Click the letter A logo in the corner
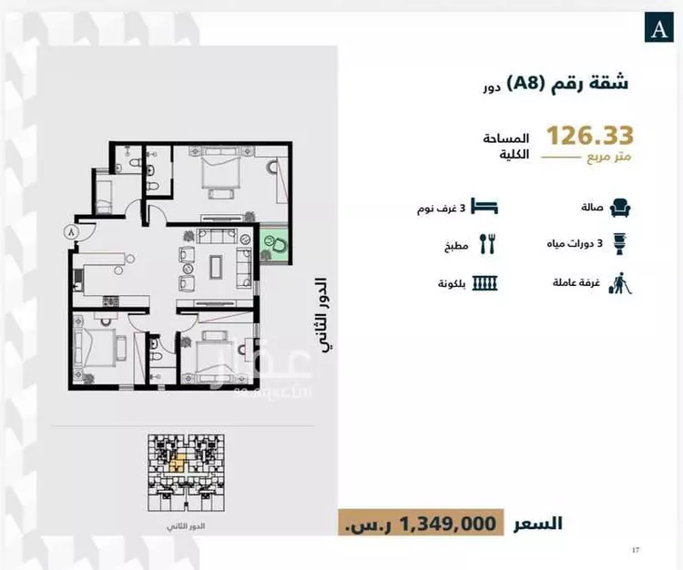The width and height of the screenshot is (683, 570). point(657,28)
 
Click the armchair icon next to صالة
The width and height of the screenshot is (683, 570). point(618,208)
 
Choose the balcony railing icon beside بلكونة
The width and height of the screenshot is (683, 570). point(488,283)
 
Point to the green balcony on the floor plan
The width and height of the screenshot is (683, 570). point(275,244)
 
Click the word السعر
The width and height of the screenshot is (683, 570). point(538,523)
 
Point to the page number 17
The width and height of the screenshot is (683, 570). point(635,550)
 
